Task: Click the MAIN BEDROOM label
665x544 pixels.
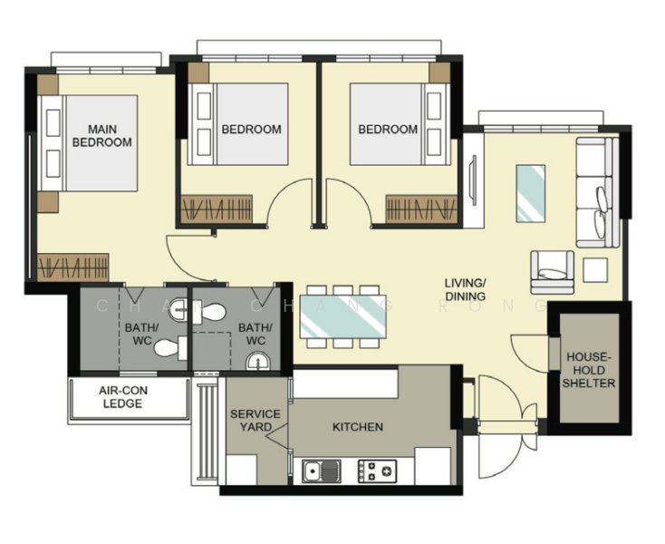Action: [x=101, y=135]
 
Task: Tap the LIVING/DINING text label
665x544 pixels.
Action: [x=465, y=289]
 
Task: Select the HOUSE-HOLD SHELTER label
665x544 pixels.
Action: [x=589, y=370]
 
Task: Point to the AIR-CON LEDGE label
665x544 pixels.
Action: [x=122, y=398]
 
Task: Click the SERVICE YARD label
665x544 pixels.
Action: [x=255, y=420]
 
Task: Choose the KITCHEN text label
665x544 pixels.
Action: [x=357, y=427]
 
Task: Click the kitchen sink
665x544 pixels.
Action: [x=323, y=471]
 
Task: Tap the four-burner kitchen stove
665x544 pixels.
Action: [x=378, y=471]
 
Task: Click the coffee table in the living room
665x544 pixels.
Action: [x=531, y=193]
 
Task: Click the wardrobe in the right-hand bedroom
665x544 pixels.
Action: [x=422, y=208]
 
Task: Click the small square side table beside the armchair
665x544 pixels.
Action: [x=595, y=269]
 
